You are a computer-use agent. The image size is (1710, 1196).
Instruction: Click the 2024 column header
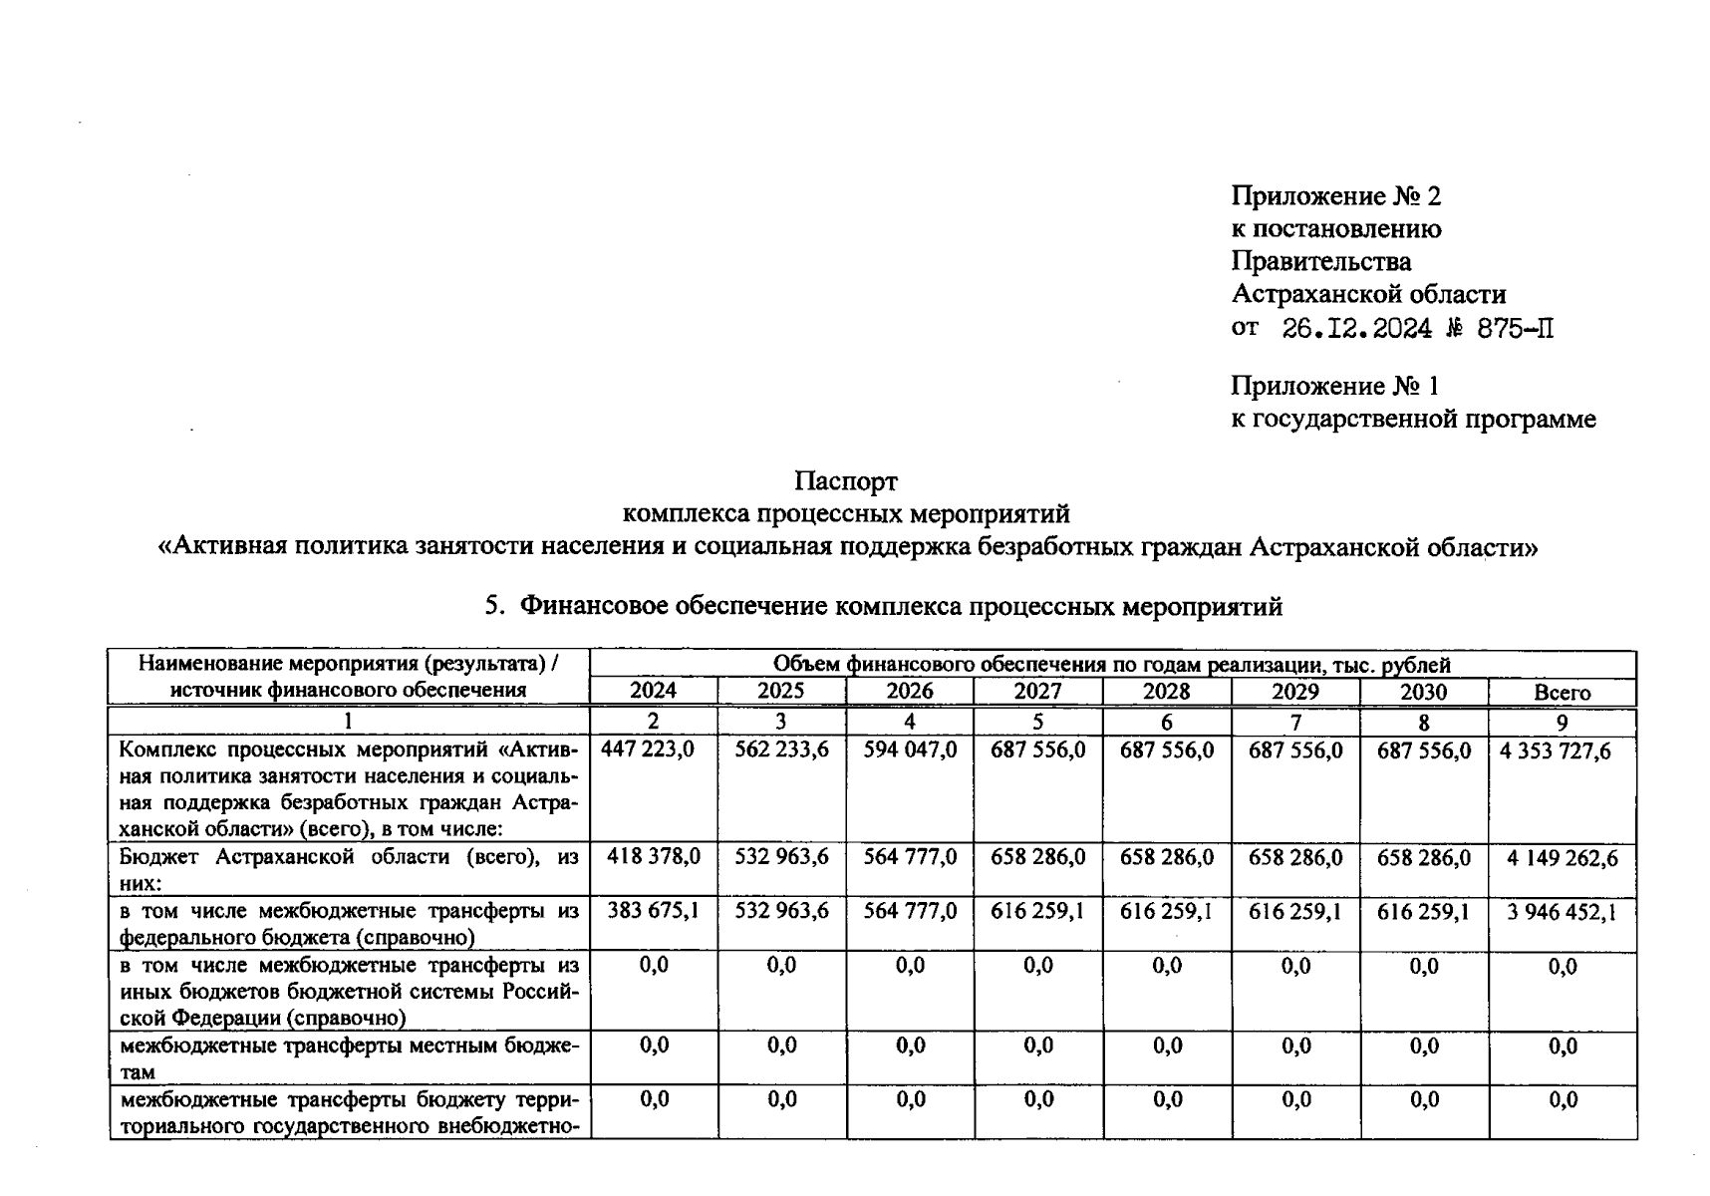653,691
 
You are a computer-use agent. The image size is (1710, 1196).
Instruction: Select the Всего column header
1562,692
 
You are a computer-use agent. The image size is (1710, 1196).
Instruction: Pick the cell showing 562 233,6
781,749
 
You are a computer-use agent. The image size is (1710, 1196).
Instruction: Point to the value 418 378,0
653,856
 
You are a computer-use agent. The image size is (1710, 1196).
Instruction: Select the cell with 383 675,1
653,910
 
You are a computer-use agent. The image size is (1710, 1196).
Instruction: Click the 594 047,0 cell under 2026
910,749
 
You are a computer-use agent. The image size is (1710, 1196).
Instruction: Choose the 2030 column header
1423,691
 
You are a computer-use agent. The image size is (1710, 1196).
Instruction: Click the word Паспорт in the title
846,481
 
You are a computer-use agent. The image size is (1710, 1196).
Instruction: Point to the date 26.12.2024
1356,328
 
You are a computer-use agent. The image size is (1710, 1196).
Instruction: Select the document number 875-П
1515,328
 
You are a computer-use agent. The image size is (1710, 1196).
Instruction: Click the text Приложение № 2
1335,195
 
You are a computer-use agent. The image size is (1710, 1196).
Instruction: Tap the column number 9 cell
1562,722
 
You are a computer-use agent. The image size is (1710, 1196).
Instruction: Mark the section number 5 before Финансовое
491,606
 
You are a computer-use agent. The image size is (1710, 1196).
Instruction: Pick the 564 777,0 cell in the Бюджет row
910,856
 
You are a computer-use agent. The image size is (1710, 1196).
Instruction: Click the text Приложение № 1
1334,386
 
